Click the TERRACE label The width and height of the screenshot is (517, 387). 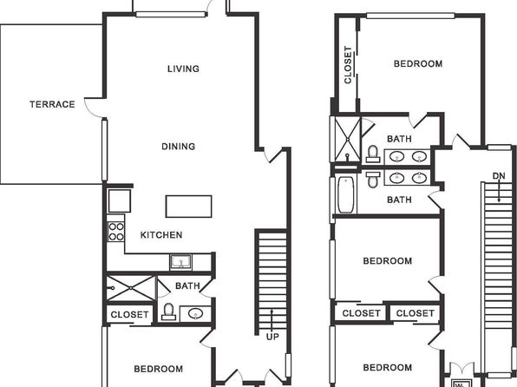pos(52,104)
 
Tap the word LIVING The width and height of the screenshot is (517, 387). pos(183,69)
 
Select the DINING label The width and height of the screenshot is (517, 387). pos(179,146)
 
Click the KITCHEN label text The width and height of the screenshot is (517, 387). pos(161,235)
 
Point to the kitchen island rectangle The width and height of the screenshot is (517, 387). pos(188,207)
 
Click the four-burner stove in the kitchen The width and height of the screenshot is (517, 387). pos(116,232)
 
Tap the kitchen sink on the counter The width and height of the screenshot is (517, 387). pos(180,262)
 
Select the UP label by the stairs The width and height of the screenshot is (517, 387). pos(272,337)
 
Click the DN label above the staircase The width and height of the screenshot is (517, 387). pos(499,176)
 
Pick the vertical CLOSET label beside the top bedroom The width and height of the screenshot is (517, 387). pos(348,65)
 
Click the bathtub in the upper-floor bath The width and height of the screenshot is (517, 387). pos(346,194)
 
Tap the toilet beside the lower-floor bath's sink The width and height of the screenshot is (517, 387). pos(168,312)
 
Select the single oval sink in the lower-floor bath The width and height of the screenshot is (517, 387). pos(195,313)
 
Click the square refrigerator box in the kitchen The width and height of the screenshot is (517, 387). pos(120,200)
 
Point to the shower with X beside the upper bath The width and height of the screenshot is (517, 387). pos(348,140)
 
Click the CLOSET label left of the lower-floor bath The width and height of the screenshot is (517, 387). pos(129,314)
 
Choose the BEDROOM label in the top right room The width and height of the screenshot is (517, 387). pos(418,63)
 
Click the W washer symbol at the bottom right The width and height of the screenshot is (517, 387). pos(459,384)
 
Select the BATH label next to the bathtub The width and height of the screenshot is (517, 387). pos(399,200)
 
